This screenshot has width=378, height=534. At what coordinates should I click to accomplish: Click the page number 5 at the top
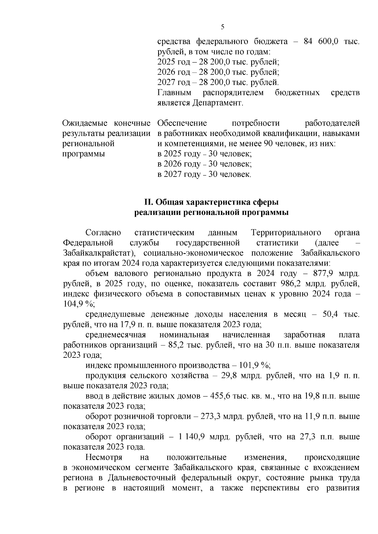222,27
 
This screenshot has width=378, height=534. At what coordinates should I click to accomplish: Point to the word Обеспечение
182,123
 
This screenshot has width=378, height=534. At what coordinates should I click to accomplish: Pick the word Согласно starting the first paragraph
103,233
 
